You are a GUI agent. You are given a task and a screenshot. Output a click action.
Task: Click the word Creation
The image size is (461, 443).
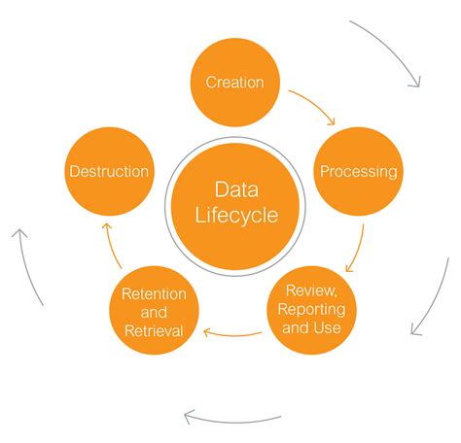[x=234, y=83]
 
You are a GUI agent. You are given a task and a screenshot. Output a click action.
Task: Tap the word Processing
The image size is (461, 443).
[x=359, y=171]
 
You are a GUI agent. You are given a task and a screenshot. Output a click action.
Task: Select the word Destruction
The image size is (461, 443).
[x=109, y=171]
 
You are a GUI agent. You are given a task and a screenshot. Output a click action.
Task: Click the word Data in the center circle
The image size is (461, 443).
[x=236, y=189]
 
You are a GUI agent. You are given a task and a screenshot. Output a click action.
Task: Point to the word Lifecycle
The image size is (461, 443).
[x=236, y=216]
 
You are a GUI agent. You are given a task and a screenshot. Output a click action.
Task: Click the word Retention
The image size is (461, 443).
[x=154, y=294]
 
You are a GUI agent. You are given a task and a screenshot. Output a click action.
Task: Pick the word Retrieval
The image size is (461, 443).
[x=154, y=331]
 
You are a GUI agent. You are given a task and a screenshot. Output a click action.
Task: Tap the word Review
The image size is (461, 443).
[x=311, y=290]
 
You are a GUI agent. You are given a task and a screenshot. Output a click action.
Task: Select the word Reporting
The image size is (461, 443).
[x=311, y=309]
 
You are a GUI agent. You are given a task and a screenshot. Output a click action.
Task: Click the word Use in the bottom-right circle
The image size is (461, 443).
[x=328, y=327]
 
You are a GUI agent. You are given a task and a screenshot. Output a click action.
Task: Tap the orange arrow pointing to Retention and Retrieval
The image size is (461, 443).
[x=232, y=335]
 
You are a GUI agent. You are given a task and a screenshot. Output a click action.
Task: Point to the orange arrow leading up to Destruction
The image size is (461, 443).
[x=112, y=246]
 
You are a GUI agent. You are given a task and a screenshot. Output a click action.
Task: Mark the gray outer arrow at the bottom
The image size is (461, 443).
[x=232, y=422]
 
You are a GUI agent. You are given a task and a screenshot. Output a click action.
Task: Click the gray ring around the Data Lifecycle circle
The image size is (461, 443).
[x=235, y=137]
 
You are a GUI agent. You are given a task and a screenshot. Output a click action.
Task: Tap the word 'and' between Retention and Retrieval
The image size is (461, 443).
[x=154, y=313]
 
